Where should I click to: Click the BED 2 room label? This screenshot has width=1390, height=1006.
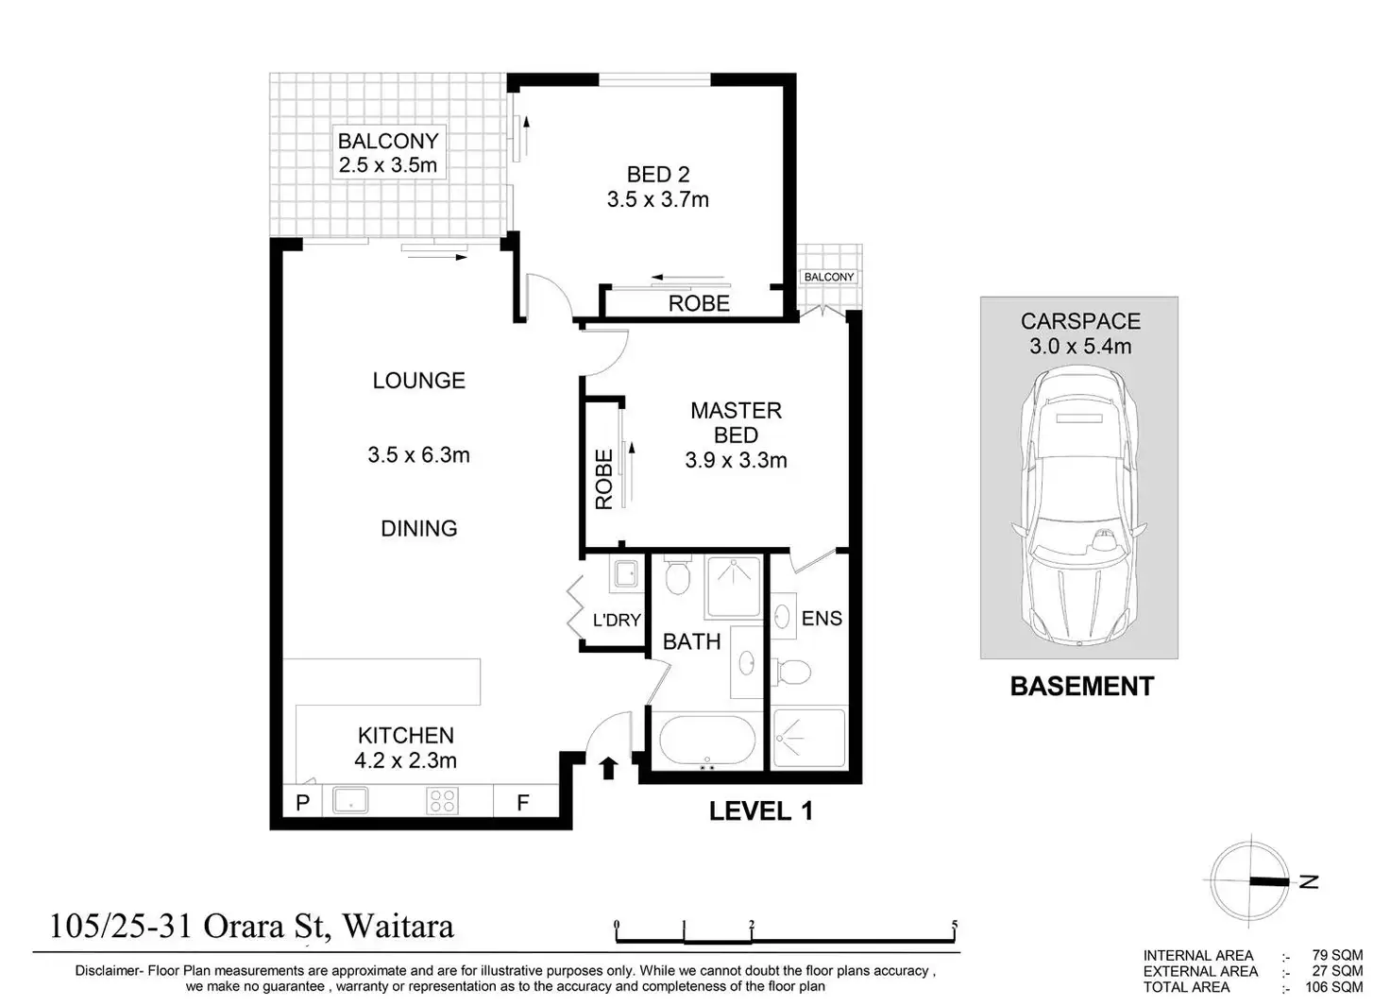(x=658, y=175)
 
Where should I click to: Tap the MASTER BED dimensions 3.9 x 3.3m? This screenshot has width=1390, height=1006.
(x=736, y=460)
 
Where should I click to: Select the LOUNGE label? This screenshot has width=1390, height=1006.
(x=419, y=381)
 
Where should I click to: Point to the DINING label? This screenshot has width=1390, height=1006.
(x=419, y=528)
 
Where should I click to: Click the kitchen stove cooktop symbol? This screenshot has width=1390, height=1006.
(x=443, y=801)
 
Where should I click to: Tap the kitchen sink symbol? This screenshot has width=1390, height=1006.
(x=350, y=801)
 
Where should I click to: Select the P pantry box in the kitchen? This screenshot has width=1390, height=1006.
(x=303, y=802)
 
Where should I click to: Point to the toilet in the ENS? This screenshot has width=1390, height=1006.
(x=790, y=672)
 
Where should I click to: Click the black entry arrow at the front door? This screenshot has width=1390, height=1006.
(x=609, y=767)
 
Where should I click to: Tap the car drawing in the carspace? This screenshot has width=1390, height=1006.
(x=1079, y=505)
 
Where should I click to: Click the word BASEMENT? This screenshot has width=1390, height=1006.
(x=1082, y=687)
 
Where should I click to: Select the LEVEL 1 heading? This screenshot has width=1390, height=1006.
(x=761, y=811)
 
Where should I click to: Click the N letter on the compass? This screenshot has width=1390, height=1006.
(x=1309, y=881)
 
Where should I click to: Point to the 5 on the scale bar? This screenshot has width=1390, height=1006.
(x=955, y=925)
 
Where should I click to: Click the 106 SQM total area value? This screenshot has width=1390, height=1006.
(x=1334, y=987)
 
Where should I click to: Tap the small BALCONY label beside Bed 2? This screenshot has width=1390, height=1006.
(x=829, y=277)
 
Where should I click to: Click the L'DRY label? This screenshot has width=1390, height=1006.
(x=617, y=620)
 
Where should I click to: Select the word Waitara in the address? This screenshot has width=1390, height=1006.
(x=398, y=926)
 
